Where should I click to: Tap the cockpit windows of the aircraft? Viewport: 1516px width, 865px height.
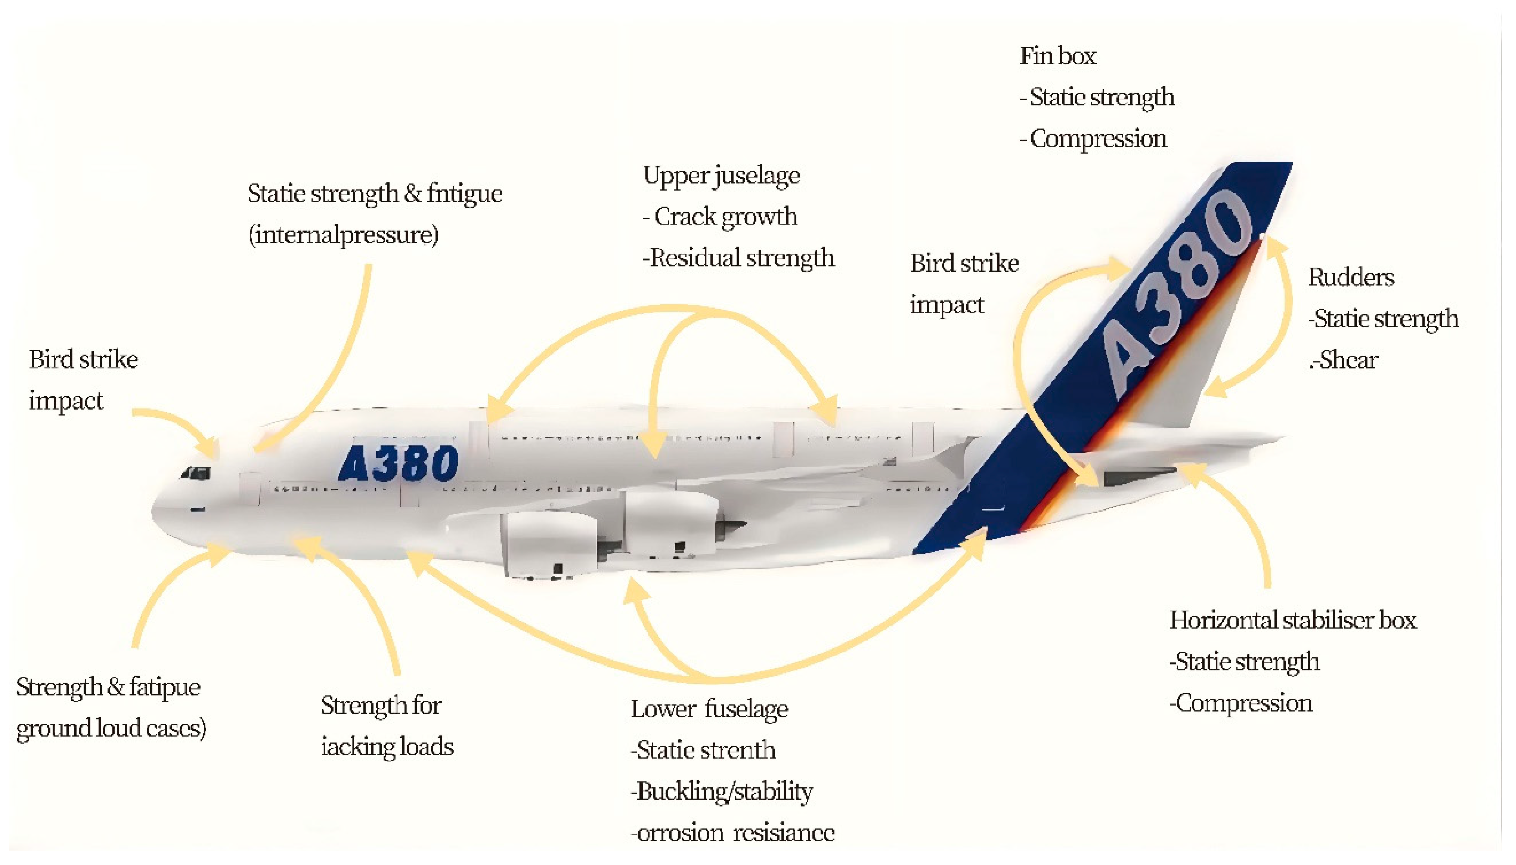click(196, 474)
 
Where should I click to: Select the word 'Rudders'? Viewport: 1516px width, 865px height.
click(1351, 277)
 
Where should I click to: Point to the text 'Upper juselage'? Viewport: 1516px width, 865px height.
click(721, 176)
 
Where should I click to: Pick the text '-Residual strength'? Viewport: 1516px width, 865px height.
click(738, 258)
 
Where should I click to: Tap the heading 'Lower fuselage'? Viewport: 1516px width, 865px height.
click(709, 709)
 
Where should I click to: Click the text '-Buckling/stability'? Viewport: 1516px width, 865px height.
click(721, 791)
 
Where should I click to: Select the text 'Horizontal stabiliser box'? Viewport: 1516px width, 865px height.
click(1293, 620)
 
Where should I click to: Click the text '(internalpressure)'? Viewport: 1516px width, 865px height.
click(343, 235)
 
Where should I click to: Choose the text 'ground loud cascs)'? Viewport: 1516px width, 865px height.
click(111, 729)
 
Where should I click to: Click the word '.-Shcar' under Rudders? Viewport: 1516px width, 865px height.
click(1343, 360)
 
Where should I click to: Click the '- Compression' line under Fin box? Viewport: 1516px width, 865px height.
click(1093, 139)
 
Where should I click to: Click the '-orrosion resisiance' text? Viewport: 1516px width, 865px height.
click(732, 833)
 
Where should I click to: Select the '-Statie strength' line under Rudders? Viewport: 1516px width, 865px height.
click(1383, 319)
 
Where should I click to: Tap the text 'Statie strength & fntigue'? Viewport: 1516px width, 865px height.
click(375, 194)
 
